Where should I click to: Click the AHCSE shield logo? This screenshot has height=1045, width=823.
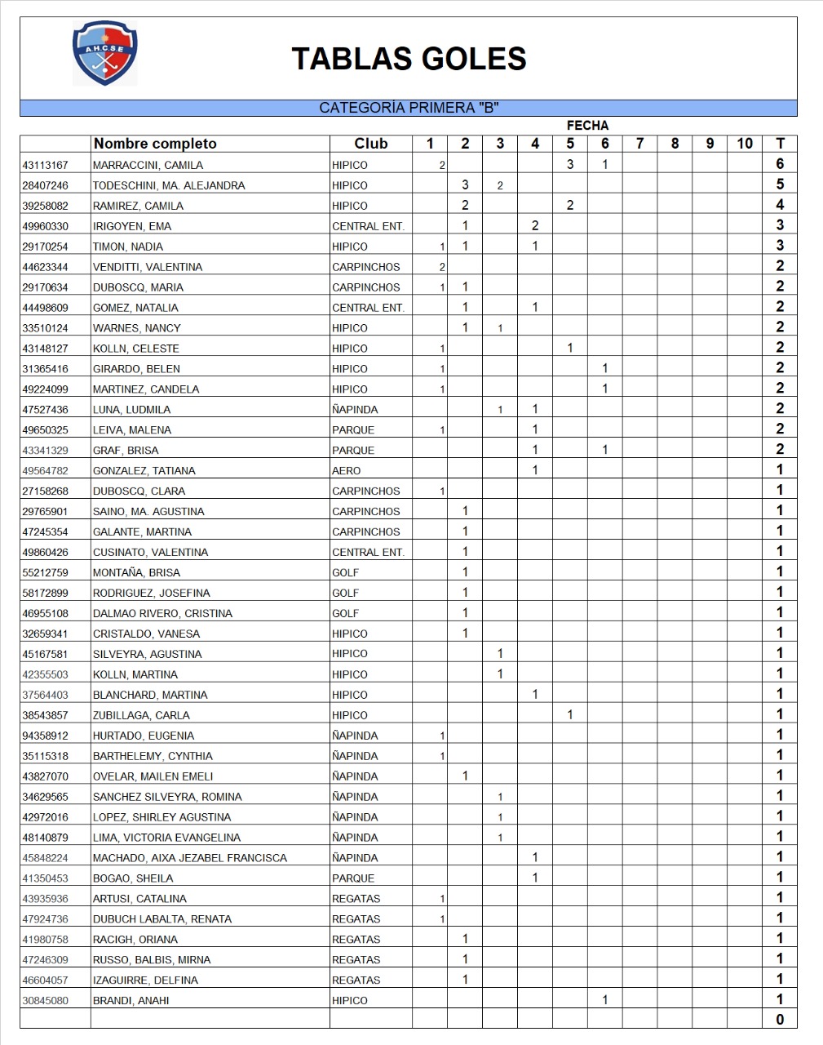coord(104,53)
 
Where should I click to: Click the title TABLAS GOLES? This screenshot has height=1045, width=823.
coord(409,59)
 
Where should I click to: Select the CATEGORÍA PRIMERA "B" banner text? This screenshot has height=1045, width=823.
coord(409,108)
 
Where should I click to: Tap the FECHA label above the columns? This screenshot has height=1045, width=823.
coord(587,125)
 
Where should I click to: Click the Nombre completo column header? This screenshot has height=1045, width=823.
coord(155,144)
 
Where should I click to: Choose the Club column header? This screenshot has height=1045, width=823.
coord(370,144)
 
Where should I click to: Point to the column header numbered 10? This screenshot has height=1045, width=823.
coord(744,144)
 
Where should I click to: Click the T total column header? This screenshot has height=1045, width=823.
coord(780,144)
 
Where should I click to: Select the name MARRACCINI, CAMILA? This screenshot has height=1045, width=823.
coord(148,165)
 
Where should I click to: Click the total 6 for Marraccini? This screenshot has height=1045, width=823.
coord(780,164)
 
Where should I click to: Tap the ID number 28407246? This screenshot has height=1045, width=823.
coord(46,185)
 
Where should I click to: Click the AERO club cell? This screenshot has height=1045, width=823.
coord(346,470)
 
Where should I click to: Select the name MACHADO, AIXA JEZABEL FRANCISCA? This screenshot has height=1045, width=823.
coord(189,858)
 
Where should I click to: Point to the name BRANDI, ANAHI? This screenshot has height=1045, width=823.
coord(131,1000)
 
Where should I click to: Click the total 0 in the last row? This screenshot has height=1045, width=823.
coord(780,1019)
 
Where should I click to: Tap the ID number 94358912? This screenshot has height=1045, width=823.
coord(46,736)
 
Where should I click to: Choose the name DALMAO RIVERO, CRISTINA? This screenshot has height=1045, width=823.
coord(162,613)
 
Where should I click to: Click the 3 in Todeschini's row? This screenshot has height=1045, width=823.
coord(465,185)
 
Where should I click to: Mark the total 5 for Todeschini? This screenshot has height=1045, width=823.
coord(780,185)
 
